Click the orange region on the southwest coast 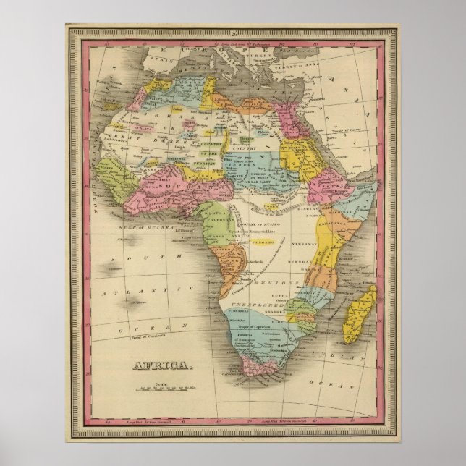(220, 275)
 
